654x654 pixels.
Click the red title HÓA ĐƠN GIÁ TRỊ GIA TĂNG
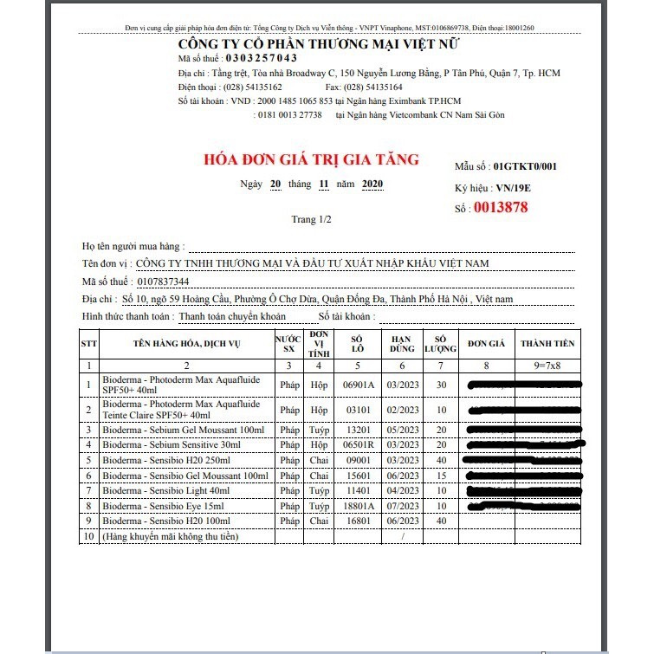310,159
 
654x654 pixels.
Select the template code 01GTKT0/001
525,165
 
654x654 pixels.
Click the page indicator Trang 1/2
311,219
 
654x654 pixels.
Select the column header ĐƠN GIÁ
485,343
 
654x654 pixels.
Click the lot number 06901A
359,385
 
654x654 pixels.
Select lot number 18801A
359,505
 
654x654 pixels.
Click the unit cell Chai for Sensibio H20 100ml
319,521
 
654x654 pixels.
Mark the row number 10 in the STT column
87,536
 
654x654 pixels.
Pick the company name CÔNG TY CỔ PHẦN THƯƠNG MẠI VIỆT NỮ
319,43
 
